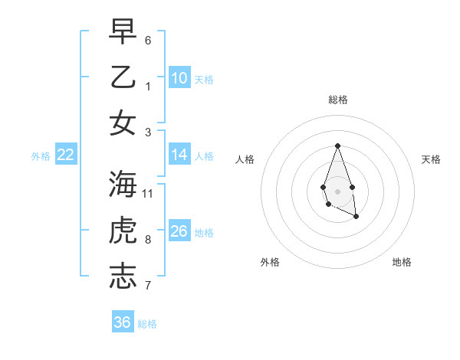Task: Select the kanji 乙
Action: coord(123,77)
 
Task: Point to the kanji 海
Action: coord(123,184)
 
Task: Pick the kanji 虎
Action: coord(123,231)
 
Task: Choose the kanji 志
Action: coord(123,277)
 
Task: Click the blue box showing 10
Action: coord(179,77)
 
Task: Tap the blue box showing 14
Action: coord(179,155)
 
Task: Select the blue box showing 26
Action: coord(179,231)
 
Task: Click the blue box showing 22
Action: coord(66,155)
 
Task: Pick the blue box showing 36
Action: coord(123,322)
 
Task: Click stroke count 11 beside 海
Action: coord(148,193)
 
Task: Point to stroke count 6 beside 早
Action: coord(148,39)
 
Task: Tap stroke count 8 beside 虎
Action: coord(148,240)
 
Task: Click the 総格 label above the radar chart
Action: coord(337,100)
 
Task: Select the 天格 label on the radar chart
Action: coord(431,159)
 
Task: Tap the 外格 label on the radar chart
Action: coord(270,262)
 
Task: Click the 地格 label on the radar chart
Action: coord(402,262)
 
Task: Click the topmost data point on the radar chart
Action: coord(337,146)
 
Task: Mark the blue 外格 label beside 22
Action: coord(41,155)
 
